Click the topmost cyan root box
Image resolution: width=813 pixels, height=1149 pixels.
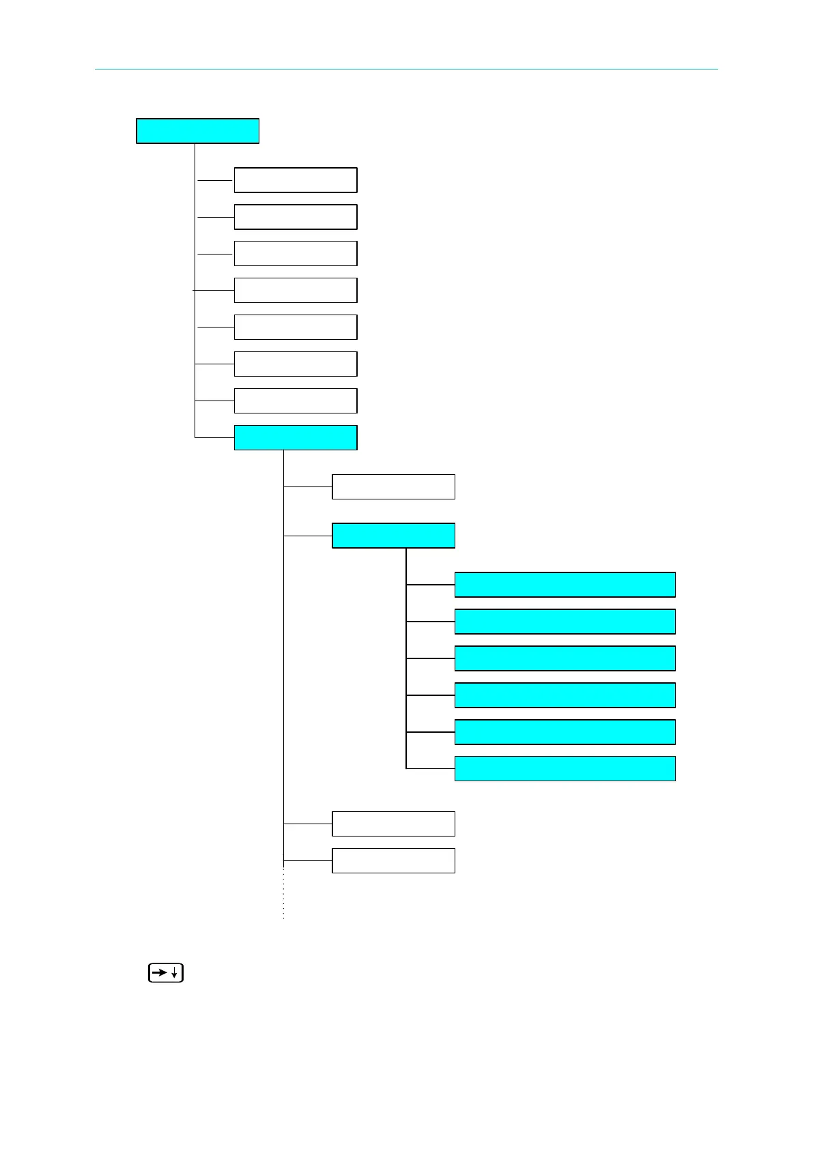point(197,131)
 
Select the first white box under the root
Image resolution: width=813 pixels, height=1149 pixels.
point(295,180)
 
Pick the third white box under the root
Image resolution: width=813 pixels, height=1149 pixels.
point(295,254)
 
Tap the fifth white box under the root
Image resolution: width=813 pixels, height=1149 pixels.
point(295,328)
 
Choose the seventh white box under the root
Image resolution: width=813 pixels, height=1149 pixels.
point(295,401)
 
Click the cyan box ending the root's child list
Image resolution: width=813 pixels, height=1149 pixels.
point(295,438)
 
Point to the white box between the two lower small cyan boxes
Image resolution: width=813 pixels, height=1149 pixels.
point(393,487)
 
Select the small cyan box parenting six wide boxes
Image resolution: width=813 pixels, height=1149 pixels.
point(393,536)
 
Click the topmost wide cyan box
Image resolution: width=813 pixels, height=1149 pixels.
point(565,585)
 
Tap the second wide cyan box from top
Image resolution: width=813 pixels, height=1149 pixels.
point(565,622)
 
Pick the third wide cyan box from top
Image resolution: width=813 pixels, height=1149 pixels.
point(565,658)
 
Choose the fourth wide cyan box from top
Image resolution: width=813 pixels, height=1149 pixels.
point(565,695)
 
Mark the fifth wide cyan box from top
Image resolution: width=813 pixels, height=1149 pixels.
point(565,732)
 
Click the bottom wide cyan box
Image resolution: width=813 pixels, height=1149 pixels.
point(565,769)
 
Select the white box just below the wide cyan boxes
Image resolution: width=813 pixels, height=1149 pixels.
point(393,824)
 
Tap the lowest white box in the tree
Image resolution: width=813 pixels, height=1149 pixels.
point(393,861)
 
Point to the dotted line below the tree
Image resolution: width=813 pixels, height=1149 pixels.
point(283,894)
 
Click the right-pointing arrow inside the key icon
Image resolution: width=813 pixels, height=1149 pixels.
point(159,973)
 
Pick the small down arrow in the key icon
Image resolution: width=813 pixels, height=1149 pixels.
point(175,974)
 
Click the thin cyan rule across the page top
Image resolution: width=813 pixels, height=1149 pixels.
point(406,69)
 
